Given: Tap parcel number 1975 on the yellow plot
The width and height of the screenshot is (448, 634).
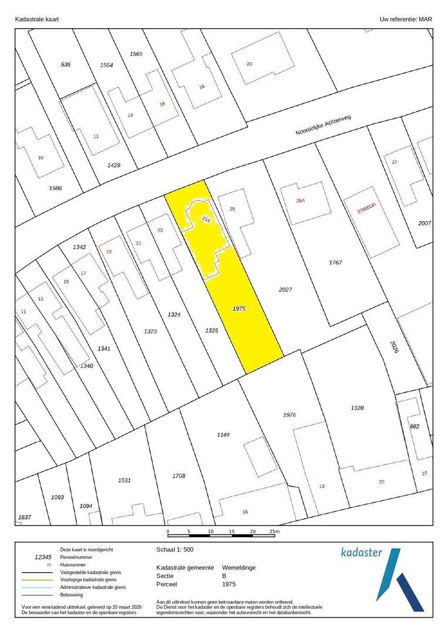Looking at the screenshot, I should click(x=238, y=308).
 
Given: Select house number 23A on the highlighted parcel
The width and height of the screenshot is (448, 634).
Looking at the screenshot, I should click(x=206, y=220).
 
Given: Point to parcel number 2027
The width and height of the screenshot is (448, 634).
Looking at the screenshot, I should click(x=285, y=289).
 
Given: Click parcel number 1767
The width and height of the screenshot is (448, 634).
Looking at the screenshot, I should click(x=335, y=262).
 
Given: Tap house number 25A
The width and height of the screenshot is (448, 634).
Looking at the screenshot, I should click(x=301, y=201).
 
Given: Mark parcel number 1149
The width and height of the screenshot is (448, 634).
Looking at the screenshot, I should click(x=223, y=434).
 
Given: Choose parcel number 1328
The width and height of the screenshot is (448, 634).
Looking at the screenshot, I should click(x=358, y=407).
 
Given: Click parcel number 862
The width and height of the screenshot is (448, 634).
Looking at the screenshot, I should click(x=415, y=426).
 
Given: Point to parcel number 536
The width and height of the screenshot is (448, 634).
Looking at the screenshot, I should click(x=66, y=64).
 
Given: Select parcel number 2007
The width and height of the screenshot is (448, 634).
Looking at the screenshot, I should click(x=425, y=224).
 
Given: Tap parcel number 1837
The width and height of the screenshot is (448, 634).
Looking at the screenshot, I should click(x=25, y=517).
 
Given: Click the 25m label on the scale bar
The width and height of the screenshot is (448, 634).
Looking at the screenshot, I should click(x=274, y=532).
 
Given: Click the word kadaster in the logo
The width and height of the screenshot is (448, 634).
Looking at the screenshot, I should click(x=361, y=552).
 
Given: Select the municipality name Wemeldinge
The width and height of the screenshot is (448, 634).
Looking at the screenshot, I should click(x=238, y=568).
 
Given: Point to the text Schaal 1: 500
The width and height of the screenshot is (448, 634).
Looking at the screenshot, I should click(x=174, y=550).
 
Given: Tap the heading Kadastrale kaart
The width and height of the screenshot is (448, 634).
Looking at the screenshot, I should click(x=37, y=19).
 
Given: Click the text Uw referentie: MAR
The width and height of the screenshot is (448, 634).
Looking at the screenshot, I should click(x=406, y=19).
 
